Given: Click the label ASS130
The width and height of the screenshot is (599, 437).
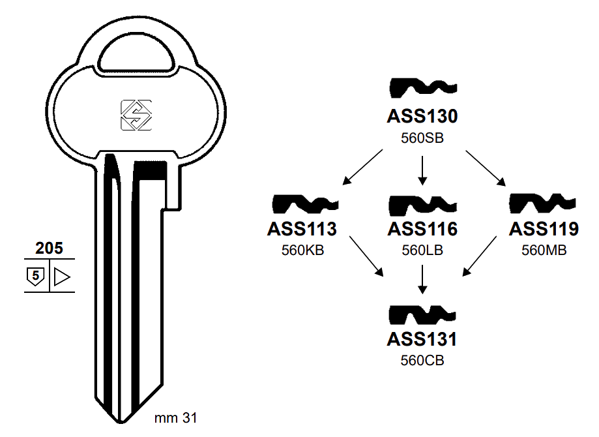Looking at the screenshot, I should point(422,117).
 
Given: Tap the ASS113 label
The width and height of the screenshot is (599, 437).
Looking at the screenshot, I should point(302,230).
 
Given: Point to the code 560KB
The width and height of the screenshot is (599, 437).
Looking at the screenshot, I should point(302,250).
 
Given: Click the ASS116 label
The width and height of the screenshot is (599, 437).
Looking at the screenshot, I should point(422,230).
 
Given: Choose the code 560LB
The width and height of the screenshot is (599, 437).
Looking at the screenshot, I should point(422,250).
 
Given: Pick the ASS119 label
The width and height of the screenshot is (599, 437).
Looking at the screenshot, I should point(544,230).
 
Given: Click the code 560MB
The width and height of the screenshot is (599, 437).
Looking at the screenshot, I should point(544,250).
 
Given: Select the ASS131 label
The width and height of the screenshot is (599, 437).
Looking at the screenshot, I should point(422,340).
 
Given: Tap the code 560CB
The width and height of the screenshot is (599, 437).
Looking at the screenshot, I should point(422,361).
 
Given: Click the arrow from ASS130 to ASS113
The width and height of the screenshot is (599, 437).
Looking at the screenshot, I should point(364,166).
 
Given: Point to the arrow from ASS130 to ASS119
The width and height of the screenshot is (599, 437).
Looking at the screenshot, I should point(485,168).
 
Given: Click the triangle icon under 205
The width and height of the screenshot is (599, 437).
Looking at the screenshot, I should point(61,277).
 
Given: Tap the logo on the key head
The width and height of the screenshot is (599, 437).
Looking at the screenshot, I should point(136,115).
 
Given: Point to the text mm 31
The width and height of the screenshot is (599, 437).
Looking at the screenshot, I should point(175,417).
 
